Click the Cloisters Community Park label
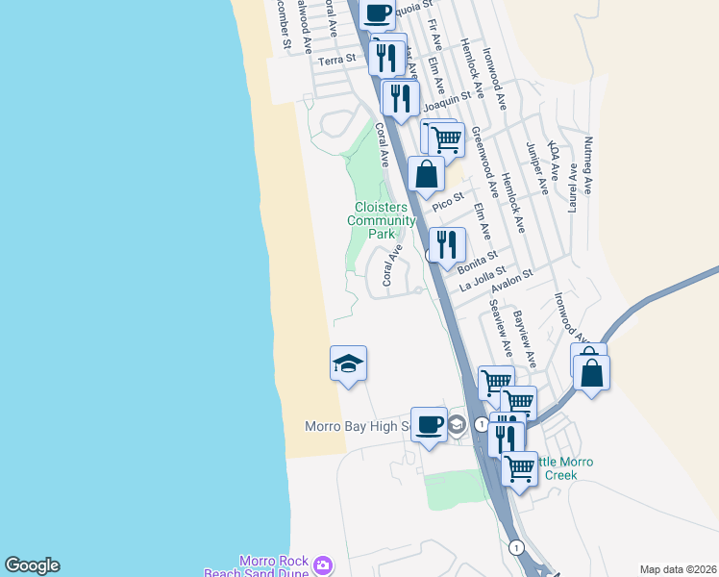tap(382, 220)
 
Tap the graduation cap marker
tap(348, 364)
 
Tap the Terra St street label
tap(337, 60)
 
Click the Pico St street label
tap(447, 203)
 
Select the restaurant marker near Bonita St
tap(447, 244)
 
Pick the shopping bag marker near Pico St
tap(426, 174)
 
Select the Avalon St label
tap(511, 284)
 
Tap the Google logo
tap(32, 565)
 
